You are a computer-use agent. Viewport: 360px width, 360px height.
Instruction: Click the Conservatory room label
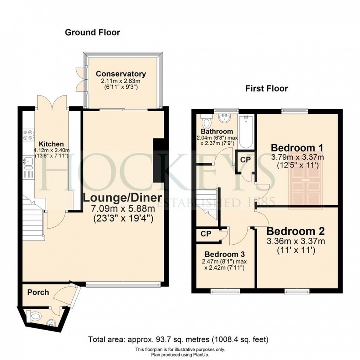[x=121, y=74]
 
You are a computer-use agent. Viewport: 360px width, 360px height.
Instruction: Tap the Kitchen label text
[x=51, y=144]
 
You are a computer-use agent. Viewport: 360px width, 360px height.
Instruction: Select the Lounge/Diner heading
[x=123, y=198]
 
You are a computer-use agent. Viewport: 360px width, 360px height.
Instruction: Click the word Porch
[x=38, y=292]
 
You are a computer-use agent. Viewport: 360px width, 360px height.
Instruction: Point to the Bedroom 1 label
[x=297, y=148]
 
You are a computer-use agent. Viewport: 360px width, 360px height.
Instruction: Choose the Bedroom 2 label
[x=296, y=231]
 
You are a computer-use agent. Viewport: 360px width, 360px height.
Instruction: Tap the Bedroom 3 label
[x=224, y=254]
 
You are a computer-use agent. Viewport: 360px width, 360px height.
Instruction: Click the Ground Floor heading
[x=93, y=32]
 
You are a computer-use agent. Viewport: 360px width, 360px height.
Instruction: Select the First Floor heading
[x=267, y=89]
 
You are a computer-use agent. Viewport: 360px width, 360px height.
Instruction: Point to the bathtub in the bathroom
[x=246, y=132]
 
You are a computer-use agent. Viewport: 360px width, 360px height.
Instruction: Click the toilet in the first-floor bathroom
[x=206, y=122]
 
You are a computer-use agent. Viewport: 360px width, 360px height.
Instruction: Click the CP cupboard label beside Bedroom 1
[x=245, y=159]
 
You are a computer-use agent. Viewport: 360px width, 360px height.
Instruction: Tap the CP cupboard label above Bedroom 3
[x=206, y=234]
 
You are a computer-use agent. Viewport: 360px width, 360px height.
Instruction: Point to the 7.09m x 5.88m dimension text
[x=123, y=209]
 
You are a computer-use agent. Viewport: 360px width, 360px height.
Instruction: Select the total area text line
[x=179, y=346]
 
